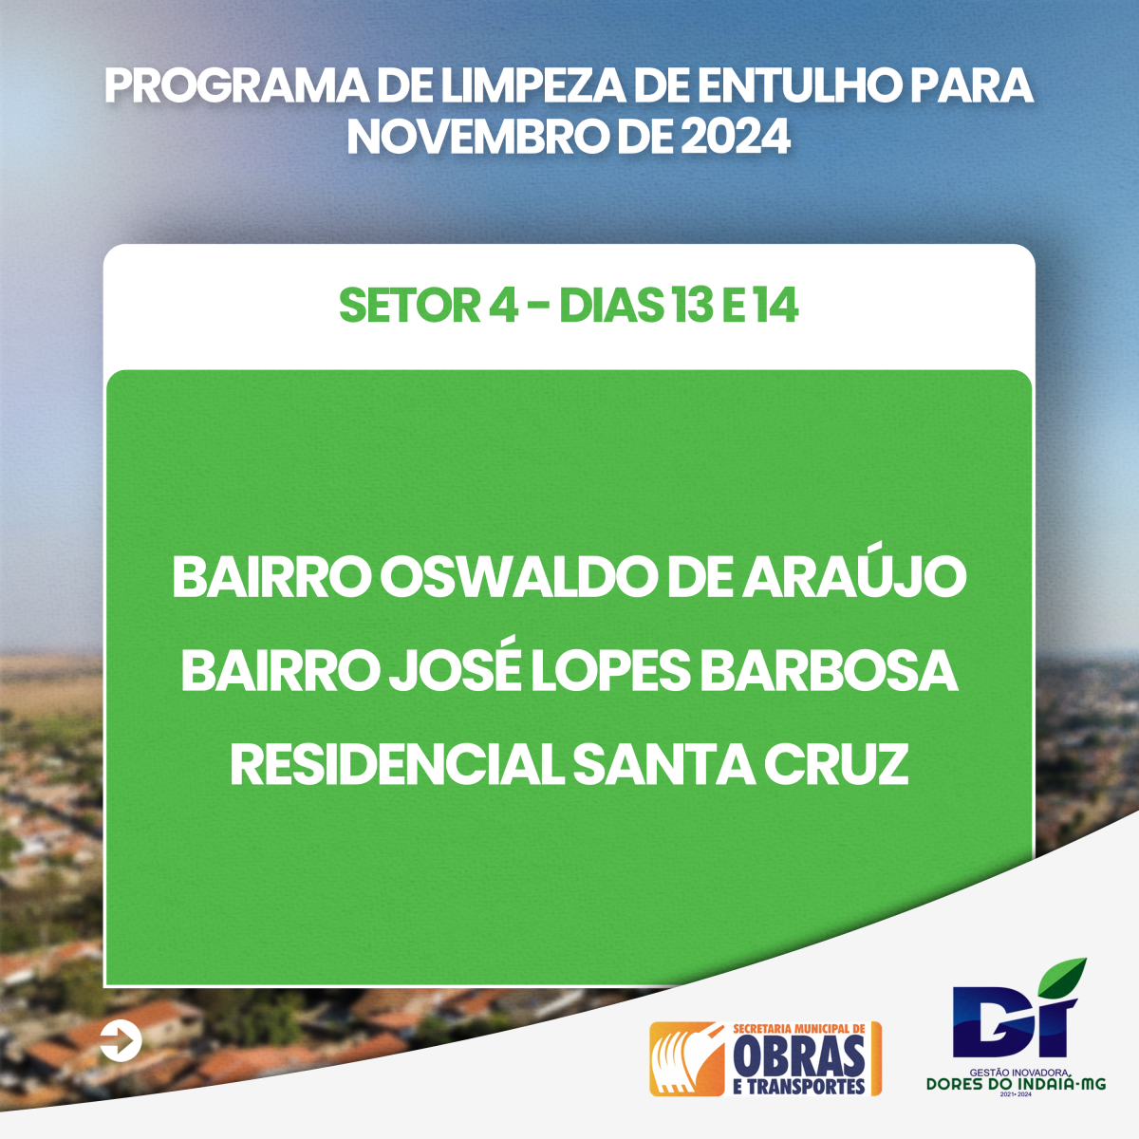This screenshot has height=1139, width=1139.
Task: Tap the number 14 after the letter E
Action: [x=775, y=306]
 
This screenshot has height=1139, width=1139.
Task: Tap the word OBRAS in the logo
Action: [x=798, y=1056]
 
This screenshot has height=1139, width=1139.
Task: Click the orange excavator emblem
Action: [x=687, y=1058]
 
